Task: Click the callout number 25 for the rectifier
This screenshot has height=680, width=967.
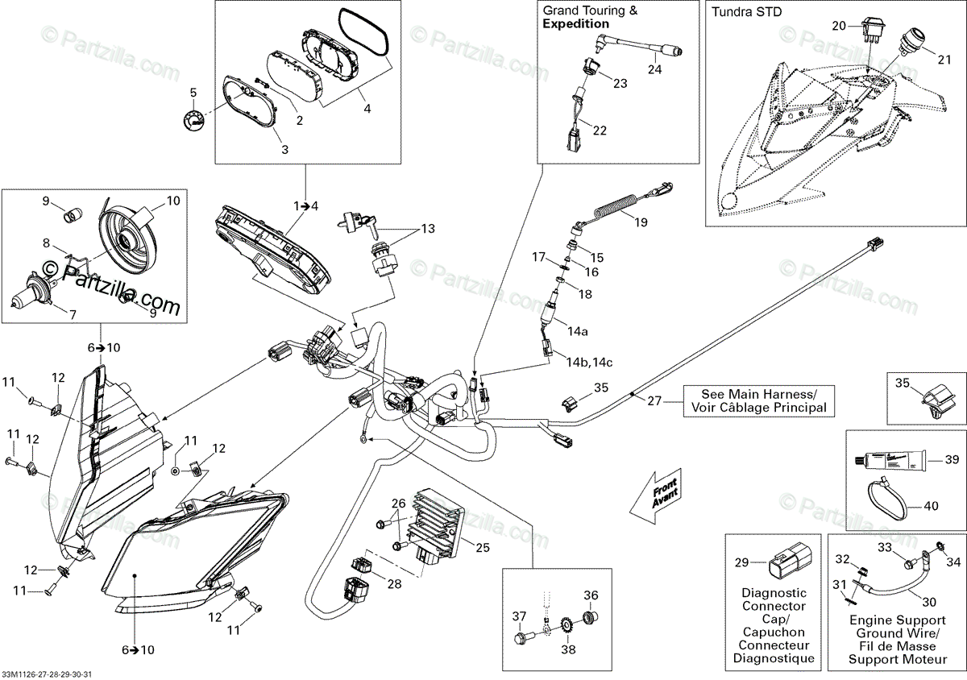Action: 482,548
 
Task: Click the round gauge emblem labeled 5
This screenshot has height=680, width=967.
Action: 193,118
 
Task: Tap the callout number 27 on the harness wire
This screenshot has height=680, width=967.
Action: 654,400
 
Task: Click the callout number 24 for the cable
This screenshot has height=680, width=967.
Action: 654,69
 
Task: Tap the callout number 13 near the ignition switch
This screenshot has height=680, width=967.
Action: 427,229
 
